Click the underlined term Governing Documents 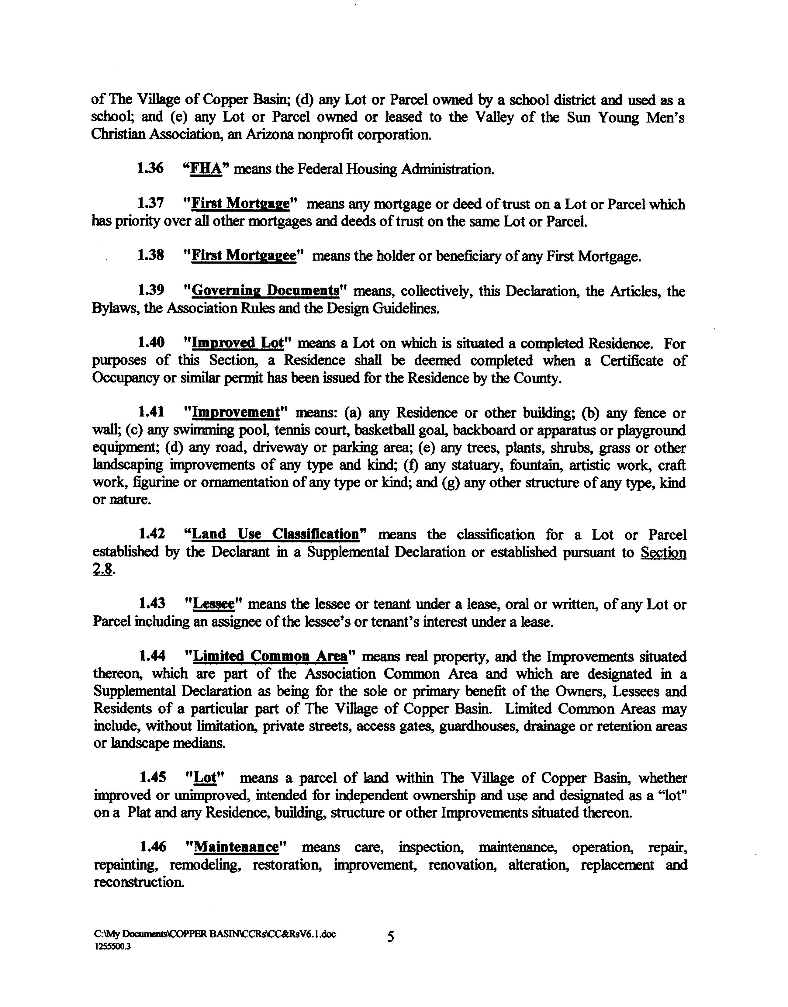[x=265, y=291]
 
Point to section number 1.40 [x=151, y=343]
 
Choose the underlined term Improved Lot [x=237, y=343]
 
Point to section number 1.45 [x=153, y=778]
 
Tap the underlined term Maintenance [x=237, y=847]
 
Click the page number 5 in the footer [x=390, y=937]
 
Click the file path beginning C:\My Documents [x=215, y=934]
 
